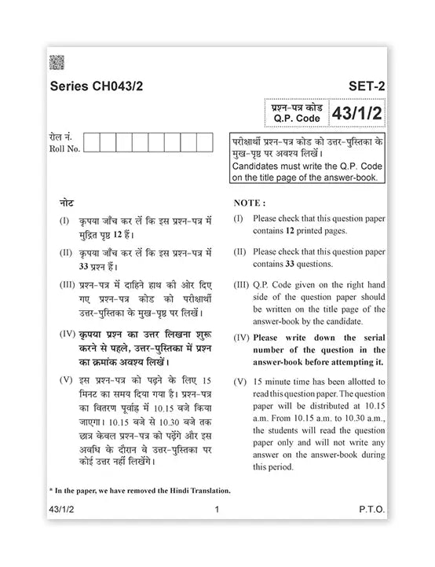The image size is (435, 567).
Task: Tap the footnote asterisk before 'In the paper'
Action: pyautogui.click(x=50, y=491)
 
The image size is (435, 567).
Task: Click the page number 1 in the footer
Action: pyautogui.click(x=216, y=510)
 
